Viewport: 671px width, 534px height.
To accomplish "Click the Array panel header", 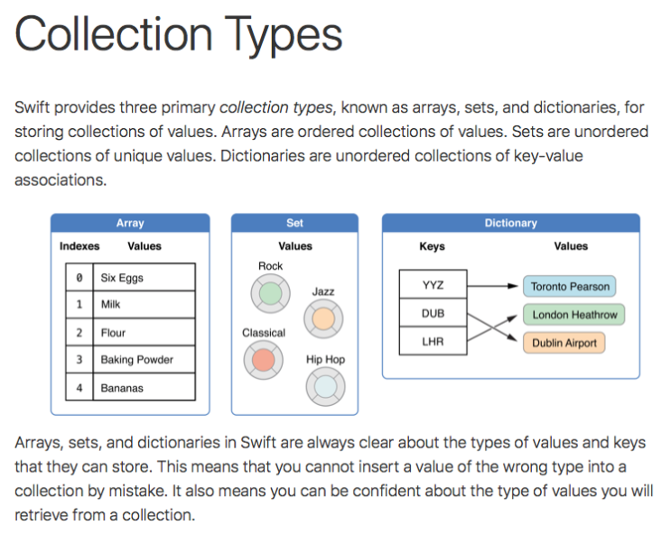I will tap(130, 223).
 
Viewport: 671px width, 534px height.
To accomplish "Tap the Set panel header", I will tap(294, 223).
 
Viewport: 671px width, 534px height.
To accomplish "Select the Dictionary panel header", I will tap(510, 223).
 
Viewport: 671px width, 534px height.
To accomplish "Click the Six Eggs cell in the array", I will tap(144, 278).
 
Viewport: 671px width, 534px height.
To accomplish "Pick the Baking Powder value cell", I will tap(144, 360).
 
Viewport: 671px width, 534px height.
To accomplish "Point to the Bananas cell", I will tap(144, 388).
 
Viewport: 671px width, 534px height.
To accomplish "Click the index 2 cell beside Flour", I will tap(79, 333).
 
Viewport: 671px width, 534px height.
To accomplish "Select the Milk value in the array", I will tap(144, 305).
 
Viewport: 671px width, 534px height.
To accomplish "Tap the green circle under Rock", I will tap(270, 293).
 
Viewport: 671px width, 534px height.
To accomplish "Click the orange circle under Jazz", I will tap(322, 318).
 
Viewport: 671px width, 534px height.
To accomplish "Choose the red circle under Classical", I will tap(263, 360).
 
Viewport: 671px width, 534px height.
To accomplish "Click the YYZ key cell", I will tap(433, 286).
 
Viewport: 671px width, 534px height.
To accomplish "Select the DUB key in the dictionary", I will tap(433, 314).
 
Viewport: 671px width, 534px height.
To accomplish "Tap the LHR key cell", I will tap(433, 342).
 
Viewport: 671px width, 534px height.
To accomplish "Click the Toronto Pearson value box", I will tap(570, 287).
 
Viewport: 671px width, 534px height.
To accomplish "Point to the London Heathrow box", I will tap(574, 315).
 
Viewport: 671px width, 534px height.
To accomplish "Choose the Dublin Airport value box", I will tap(564, 343).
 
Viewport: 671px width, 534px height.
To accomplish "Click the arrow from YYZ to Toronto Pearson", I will tap(494, 286).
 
